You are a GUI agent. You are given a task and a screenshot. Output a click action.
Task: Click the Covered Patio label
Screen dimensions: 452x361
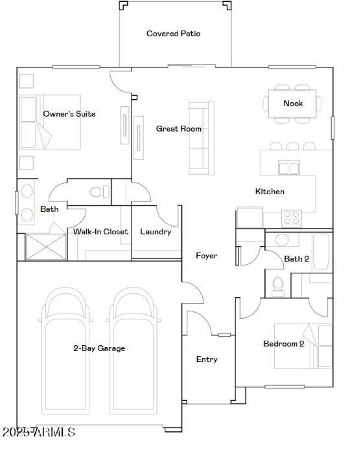point(173,34)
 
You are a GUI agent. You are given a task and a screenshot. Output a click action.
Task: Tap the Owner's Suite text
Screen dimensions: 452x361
point(69,114)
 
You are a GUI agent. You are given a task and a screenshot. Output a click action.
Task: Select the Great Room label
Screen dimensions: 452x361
point(179,129)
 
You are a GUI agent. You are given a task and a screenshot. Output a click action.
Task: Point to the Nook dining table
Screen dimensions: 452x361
point(292,104)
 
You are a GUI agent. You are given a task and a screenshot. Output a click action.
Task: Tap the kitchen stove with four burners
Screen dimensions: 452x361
point(292,219)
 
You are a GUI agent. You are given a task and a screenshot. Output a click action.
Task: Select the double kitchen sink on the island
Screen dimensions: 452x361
point(289,168)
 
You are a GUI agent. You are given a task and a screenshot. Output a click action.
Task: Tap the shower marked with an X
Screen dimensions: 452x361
point(46,247)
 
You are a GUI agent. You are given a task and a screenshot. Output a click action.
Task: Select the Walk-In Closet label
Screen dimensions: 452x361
point(101,232)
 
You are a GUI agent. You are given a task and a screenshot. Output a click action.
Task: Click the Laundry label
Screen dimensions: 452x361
point(156,232)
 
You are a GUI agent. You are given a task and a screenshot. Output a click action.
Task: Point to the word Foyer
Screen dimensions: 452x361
point(206,256)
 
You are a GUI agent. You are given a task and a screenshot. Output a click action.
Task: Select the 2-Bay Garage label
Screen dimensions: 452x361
point(99,348)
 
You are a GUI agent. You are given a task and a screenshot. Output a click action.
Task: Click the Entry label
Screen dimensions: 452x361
point(207,360)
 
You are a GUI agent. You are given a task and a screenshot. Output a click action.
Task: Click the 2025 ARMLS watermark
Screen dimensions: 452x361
point(39,432)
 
